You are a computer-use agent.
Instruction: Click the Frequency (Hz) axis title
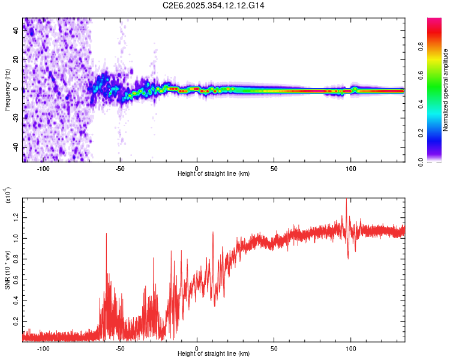[x=7, y=89]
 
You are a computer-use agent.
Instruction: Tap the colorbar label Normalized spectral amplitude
[x=446, y=90]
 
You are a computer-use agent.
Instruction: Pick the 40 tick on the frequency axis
[x=16, y=31]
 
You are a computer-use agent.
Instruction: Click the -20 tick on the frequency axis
[x=15, y=118]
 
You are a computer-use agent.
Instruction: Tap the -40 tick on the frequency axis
[x=15, y=147]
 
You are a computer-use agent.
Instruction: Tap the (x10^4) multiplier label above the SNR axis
[x=8, y=195]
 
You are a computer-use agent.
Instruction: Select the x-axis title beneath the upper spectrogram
[x=214, y=173]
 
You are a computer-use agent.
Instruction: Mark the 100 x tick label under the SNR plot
[x=350, y=349]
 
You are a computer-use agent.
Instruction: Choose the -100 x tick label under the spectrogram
[x=43, y=167]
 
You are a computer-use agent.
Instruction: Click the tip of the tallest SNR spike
[x=346, y=200]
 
